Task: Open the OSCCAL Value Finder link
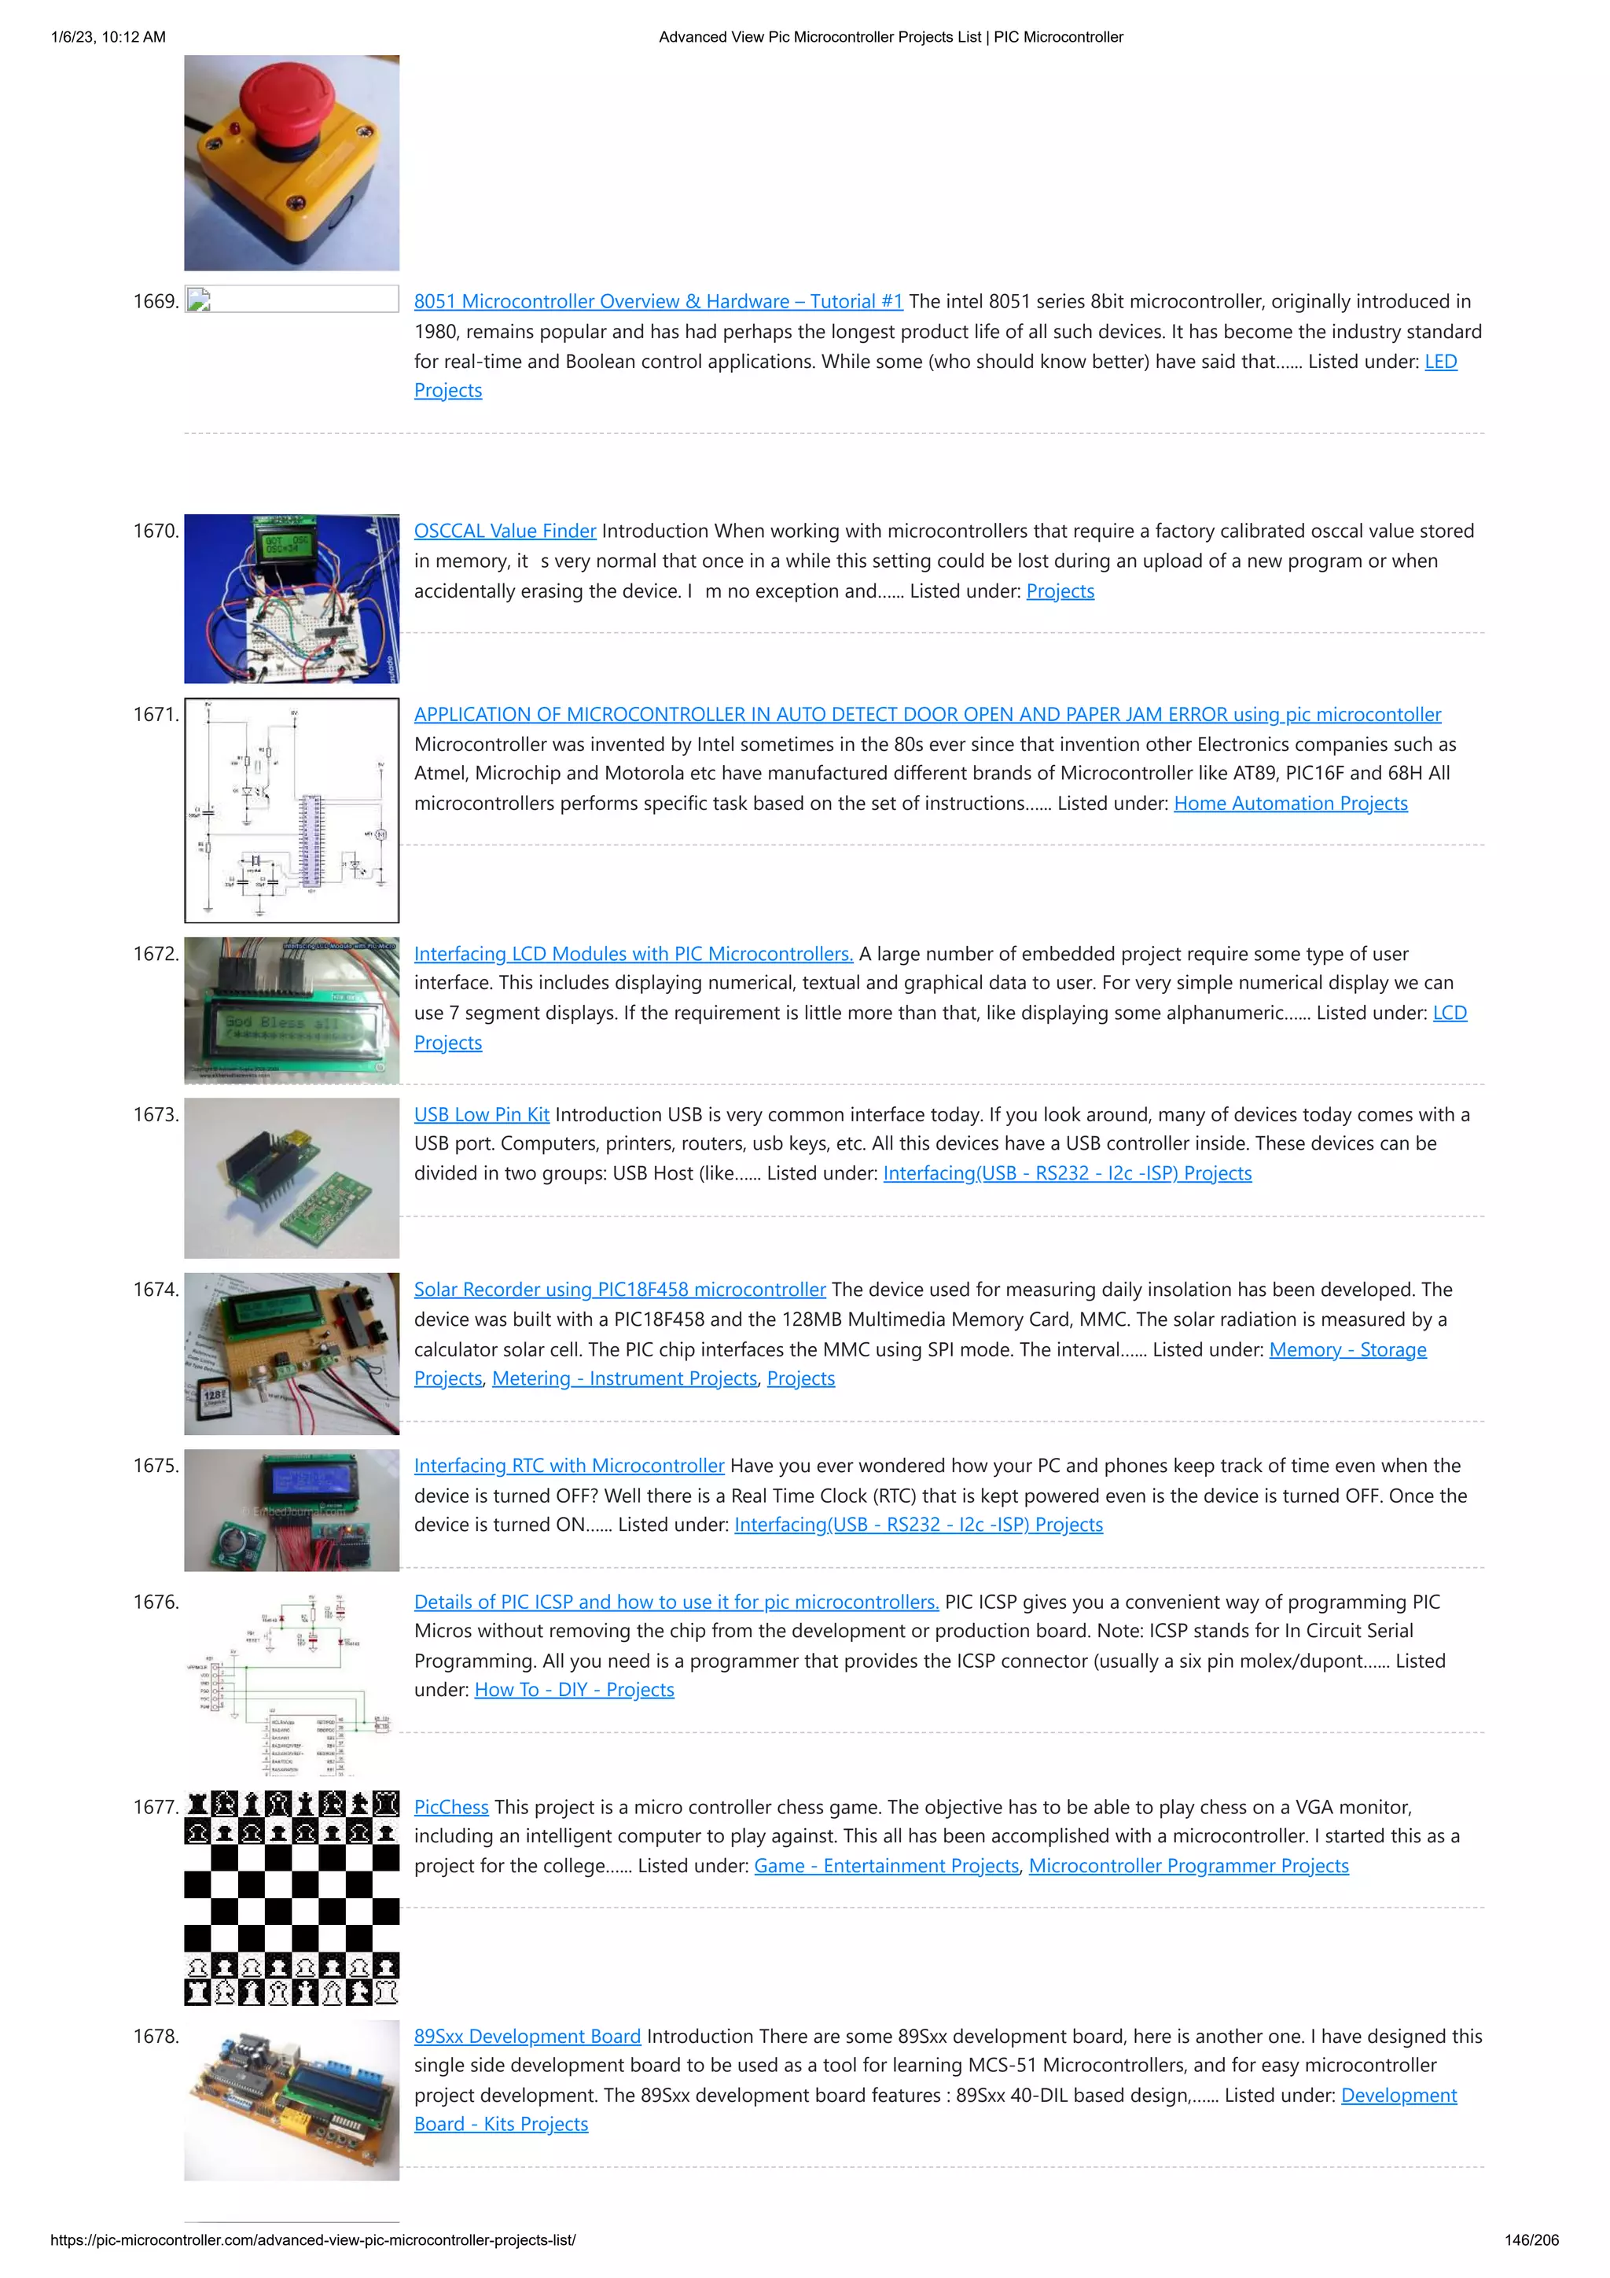[505, 531]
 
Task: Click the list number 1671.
[156, 714]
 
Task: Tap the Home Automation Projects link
[1289, 804]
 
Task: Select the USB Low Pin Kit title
[481, 1114]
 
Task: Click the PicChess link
[450, 1807]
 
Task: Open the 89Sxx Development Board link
[527, 2036]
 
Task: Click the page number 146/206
[1531, 2239]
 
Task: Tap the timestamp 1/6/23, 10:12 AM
[108, 37]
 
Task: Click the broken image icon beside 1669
[198, 300]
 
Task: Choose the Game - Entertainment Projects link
[886, 1865]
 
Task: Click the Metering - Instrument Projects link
[624, 1378]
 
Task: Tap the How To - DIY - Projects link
[573, 1690]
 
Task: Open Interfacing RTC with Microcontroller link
[568, 1466]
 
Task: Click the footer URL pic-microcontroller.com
[312, 2239]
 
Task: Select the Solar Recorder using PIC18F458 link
[619, 1290]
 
